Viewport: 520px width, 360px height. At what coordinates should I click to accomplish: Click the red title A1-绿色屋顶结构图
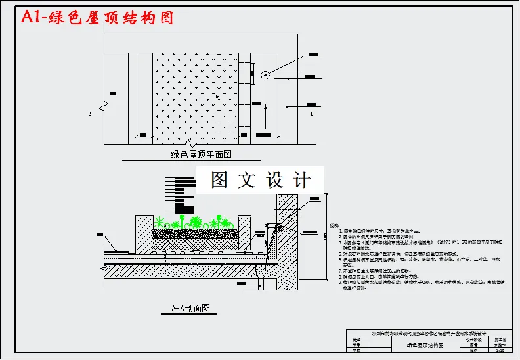[97, 18]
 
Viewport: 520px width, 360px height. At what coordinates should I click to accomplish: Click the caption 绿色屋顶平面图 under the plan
[202, 155]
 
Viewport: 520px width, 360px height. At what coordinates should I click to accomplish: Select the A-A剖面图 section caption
[190, 307]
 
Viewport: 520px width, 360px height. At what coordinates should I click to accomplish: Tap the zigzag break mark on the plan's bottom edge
[190, 143]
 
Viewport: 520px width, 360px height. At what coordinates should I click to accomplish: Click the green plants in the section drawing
[197, 220]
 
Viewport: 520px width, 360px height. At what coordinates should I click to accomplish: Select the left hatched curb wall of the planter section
[143, 233]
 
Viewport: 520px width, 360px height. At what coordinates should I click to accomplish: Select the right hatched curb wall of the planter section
[245, 233]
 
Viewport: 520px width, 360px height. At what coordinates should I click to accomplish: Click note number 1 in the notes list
[340, 231]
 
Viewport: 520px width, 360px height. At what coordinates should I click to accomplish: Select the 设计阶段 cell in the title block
[473, 340]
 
